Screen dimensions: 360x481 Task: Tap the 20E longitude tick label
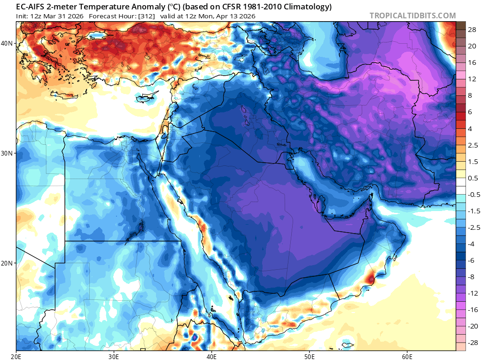click(x=17, y=356)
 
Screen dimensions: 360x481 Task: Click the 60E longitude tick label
click(x=407, y=356)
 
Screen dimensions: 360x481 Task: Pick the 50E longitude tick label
click(x=309, y=356)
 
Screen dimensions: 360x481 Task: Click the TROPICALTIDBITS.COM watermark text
click(x=412, y=16)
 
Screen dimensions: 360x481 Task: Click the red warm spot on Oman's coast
click(x=371, y=279)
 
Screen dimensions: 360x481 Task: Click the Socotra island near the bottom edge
click(x=347, y=346)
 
